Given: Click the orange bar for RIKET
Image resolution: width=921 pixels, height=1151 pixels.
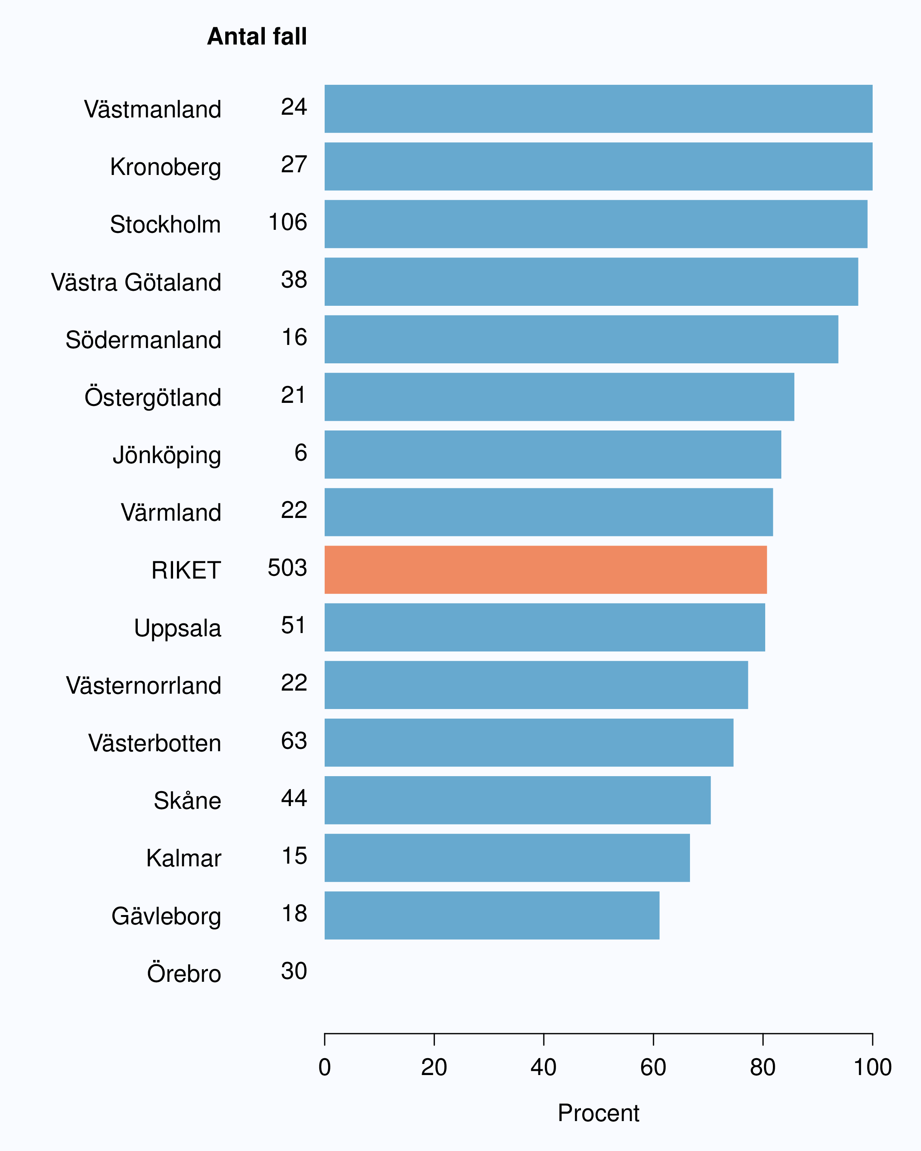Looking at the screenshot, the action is pyautogui.click(x=546, y=570).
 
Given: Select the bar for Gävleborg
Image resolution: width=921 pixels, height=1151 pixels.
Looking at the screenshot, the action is pyautogui.click(x=492, y=915).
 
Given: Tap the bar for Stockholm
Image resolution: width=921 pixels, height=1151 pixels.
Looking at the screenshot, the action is pyautogui.click(x=596, y=224).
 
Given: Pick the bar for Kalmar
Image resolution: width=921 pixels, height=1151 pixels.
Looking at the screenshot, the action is pyautogui.click(x=507, y=858).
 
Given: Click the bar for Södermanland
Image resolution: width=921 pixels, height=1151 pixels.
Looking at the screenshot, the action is pyautogui.click(x=581, y=340).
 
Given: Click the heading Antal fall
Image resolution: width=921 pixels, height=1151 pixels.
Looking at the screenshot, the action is pyautogui.click(x=257, y=36).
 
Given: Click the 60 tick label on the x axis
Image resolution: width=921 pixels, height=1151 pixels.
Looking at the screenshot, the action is pyautogui.click(x=653, y=1067).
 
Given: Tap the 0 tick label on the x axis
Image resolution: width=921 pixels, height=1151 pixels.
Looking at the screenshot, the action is pyautogui.click(x=325, y=1067).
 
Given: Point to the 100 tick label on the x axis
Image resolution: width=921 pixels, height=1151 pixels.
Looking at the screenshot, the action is pyautogui.click(x=872, y=1067).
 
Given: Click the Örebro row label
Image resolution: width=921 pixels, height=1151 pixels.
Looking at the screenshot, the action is pyautogui.click(x=184, y=972).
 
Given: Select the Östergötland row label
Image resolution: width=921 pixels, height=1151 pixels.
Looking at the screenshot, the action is pyautogui.click(x=153, y=397).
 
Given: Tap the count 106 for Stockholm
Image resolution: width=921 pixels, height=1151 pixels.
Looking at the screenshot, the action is pyautogui.click(x=288, y=222).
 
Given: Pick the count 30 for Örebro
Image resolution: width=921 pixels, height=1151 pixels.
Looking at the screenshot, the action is pyautogui.click(x=294, y=971).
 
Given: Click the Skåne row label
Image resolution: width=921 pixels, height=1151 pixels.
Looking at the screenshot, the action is pyautogui.click(x=187, y=800).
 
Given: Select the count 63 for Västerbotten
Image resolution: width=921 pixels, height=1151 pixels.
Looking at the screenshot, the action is pyautogui.click(x=294, y=740).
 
